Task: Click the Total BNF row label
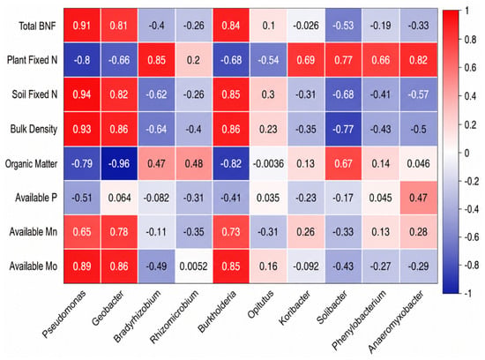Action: click(37, 26)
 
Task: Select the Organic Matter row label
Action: click(31, 163)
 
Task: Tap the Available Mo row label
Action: click(34, 266)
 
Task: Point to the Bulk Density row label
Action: click(34, 129)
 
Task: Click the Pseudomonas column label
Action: click(63, 314)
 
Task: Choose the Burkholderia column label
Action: click(217, 311)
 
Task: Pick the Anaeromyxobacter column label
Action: click(396, 321)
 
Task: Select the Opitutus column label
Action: click(260, 304)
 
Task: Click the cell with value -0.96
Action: click(119, 163)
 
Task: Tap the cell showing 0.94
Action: click(82, 94)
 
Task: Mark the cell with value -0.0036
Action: click(268, 163)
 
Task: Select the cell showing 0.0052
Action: click(194, 266)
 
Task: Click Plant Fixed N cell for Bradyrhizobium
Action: click(156, 60)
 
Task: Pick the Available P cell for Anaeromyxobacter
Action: click(419, 198)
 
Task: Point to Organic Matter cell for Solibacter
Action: click(343, 163)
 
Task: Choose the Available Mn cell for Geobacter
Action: click(119, 232)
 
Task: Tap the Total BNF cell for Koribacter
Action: click(306, 26)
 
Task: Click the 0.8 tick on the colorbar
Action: click(470, 40)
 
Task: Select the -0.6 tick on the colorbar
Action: click(471, 237)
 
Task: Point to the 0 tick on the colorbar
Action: click(466, 153)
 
